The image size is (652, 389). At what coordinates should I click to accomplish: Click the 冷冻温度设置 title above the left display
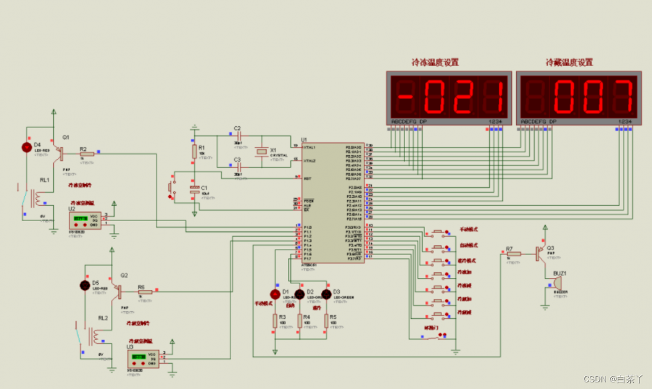point(435,62)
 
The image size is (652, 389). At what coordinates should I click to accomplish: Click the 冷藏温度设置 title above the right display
point(569,62)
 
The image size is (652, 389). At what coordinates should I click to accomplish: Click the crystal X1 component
point(261,152)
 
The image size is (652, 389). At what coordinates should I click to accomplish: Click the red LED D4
point(27,147)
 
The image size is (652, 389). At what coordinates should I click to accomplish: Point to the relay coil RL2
point(94,335)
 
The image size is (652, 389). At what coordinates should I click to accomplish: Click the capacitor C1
point(194,190)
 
